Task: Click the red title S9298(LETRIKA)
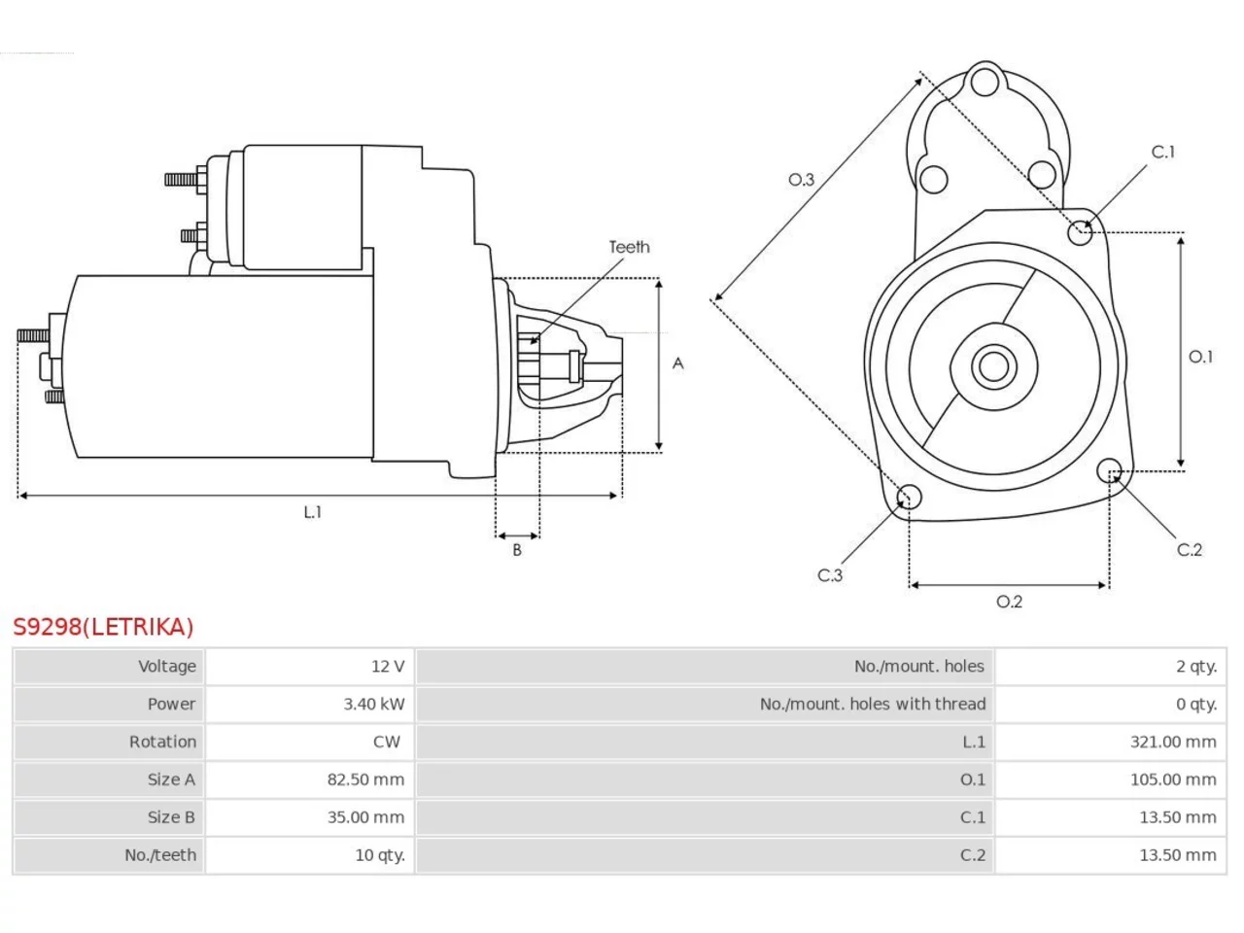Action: (x=103, y=627)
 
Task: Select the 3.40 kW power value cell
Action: (x=373, y=705)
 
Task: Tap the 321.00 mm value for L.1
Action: (x=1173, y=743)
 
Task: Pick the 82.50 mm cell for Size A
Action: (x=365, y=780)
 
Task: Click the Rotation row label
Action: (x=162, y=743)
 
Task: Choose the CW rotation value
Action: (x=387, y=743)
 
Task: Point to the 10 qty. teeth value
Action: (x=380, y=855)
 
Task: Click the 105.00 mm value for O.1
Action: (x=1173, y=780)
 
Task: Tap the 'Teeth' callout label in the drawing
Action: (x=629, y=247)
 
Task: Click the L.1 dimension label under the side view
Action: (x=312, y=512)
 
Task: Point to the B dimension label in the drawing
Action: (x=517, y=550)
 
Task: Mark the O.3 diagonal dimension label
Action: (x=801, y=180)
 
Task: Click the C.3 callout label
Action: (x=830, y=575)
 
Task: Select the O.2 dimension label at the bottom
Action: (x=1010, y=602)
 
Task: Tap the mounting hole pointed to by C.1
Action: (x=1080, y=233)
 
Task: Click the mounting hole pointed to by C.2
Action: (x=1109, y=470)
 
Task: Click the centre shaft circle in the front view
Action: (x=993, y=367)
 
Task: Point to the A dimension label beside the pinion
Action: (x=677, y=363)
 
